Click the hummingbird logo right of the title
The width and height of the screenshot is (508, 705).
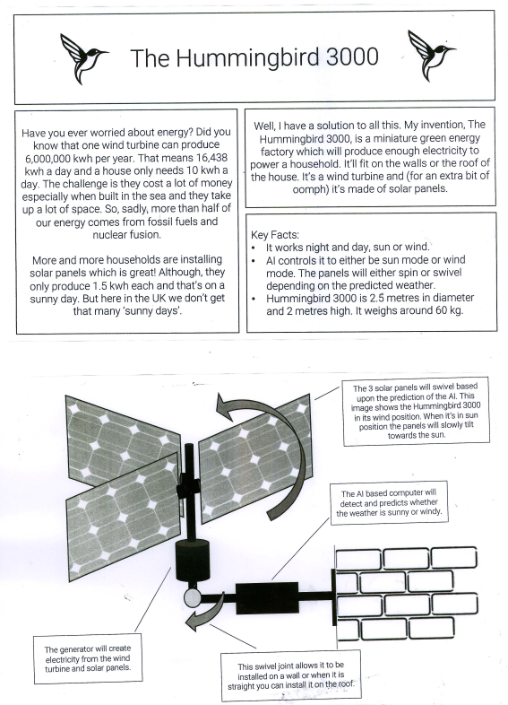[x=430, y=56]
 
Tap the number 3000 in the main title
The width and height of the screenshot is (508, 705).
[x=352, y=57]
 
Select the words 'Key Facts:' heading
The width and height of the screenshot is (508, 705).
[x=274, y=235]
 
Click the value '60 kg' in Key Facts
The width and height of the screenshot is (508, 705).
[x=448, y=310]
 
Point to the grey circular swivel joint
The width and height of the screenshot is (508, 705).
[x=193, y=597]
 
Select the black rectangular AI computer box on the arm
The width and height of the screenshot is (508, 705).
[x=267, y=597]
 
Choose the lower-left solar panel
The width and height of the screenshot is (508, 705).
[x=124, y=517]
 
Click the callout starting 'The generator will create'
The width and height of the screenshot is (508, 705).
[x=88, y=658]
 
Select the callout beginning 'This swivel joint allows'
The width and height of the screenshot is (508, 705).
[x=290, y=675]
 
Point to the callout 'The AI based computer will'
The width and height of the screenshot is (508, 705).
[x=389, y=502]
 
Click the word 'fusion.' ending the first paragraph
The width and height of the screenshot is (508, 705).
[x=144, y=235]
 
